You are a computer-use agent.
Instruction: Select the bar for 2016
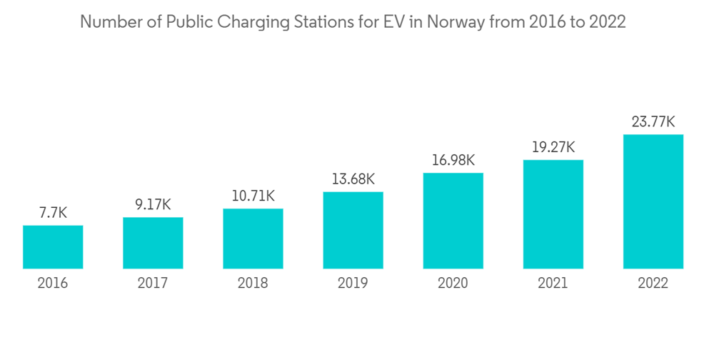point(53,247)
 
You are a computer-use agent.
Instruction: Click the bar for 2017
point(153,243)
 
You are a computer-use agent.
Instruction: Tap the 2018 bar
point(253,239)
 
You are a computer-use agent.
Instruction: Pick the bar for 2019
point(353,230)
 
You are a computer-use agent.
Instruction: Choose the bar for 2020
point(453,221)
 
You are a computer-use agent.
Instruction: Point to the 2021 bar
point(553,214)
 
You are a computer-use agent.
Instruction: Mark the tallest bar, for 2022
point(653,201)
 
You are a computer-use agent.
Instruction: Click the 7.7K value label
point(53,213)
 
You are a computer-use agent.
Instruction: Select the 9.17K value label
point(153,205)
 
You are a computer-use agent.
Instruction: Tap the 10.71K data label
point(253,196)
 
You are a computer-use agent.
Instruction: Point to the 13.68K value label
point(353,179)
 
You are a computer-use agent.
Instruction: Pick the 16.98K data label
point(453,161)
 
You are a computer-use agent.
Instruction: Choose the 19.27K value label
point(553,147)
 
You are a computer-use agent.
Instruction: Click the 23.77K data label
point(653,122)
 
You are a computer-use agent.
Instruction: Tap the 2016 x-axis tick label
point(53,284)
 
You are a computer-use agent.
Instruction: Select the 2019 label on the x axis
point(353,284)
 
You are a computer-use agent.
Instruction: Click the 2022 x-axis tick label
point(653,284)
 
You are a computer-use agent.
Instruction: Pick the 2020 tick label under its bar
point(453,284)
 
